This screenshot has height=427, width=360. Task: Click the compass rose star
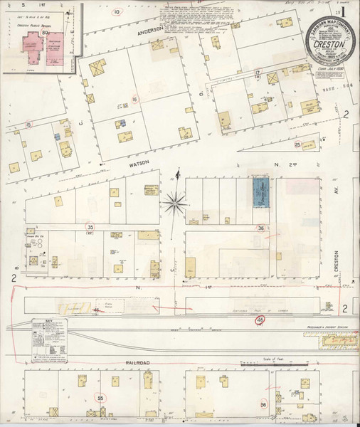pos(174,204)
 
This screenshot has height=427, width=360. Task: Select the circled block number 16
pos(134,100)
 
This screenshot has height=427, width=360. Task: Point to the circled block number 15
pos(28,125)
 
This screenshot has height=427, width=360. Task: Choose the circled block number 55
pos(100,399)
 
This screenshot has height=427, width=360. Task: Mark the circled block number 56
pos(263,404)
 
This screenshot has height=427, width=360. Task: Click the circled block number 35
pos(90,227)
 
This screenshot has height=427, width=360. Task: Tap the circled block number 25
pos(297,144)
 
